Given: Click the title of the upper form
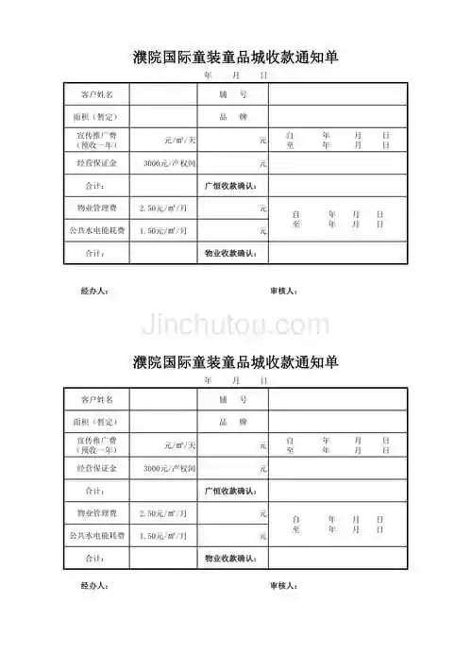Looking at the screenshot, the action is pos(236,58).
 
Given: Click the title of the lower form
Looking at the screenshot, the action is pos(236,362).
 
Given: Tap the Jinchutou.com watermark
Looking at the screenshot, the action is pos(236,325).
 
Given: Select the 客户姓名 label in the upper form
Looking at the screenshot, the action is pos(96,94).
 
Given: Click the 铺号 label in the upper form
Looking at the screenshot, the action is pos(233,94).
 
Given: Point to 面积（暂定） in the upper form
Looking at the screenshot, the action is pos(96,117).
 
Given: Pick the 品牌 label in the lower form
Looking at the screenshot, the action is pos(233,421).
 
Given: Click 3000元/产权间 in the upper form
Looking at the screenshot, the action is pos(169,163).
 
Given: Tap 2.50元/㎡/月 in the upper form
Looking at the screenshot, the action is pos(163,208).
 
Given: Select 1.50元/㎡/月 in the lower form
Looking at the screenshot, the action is pos(163,535).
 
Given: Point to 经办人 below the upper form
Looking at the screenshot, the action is pos(95,291).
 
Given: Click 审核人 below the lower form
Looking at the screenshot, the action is pos(284,586).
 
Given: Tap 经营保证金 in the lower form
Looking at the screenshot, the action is pos(96,468).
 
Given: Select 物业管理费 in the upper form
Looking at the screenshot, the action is pos(96,208).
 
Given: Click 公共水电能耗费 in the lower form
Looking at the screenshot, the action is pos(96,535).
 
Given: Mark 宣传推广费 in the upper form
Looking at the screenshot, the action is pos(96,136).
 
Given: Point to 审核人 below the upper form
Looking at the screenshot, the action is pos(284,291).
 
